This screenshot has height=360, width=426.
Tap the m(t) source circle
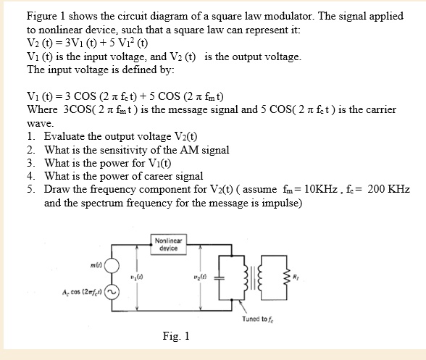tap(111, 266)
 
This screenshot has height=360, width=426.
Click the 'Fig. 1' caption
tap(176, 336)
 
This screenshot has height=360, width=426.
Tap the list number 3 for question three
tap(30, 163)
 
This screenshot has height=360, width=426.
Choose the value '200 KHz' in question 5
tap(388, 189)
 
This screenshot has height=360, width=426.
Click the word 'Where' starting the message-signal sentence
tap(42, 109)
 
